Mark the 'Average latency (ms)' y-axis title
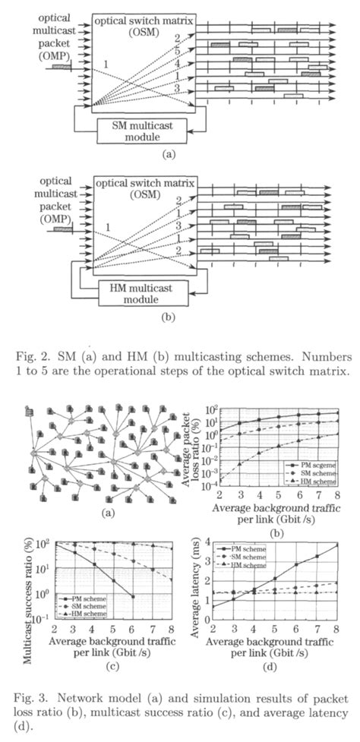click(193, 581)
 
